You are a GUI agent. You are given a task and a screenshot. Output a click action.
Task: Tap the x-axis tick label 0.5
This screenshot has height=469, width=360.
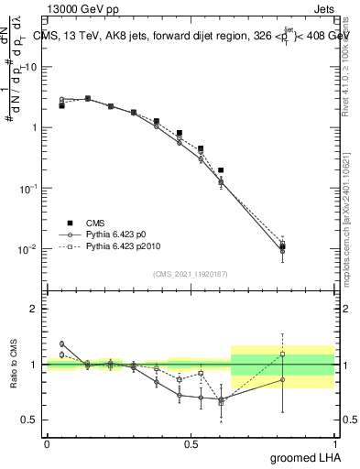tap(191, 444)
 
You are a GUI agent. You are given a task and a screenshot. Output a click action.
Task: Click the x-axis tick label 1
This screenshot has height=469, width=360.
tap(335, 444)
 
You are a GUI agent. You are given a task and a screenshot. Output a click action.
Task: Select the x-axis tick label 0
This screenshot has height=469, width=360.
tap(47, 444)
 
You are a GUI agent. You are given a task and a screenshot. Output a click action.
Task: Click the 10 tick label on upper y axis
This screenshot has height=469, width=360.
tap(31, 67)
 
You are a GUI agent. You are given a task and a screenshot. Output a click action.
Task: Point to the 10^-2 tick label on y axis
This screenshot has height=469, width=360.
tap(28, 248)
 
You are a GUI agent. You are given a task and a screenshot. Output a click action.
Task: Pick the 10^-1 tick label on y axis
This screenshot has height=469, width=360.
tap(28, 188)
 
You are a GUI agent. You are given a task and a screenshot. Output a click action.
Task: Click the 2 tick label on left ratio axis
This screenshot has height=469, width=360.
tap(35, 309)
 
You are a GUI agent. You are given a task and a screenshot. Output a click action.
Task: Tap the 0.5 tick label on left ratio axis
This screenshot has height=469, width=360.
tap(30, 420)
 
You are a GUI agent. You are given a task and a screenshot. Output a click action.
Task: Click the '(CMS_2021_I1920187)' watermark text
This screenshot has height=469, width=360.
tap(191, 274)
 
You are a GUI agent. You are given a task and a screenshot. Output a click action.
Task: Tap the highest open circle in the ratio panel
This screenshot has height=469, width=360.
tap(61, 344)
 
